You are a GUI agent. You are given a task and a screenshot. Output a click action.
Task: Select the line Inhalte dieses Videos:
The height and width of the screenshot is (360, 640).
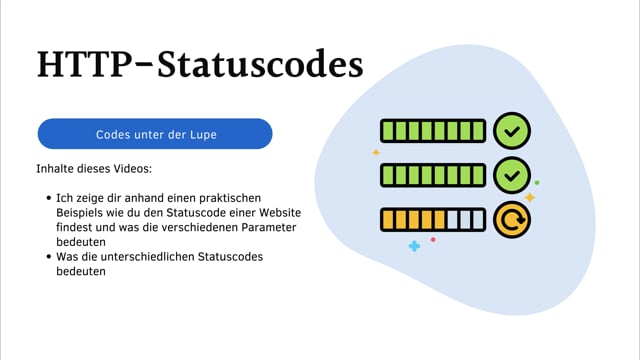94,169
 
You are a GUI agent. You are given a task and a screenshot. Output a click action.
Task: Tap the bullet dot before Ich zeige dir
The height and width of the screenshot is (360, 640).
49,200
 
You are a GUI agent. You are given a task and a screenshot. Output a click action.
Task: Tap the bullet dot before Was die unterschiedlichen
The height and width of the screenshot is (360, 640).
49,256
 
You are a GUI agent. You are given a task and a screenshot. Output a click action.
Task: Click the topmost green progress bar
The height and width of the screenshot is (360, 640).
432,131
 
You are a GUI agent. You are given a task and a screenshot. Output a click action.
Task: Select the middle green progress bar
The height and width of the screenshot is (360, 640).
432,175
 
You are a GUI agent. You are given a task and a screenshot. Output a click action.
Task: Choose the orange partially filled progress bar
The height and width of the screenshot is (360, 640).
432,219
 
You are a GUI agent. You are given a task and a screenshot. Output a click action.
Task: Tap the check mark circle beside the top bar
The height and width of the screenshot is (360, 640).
512,131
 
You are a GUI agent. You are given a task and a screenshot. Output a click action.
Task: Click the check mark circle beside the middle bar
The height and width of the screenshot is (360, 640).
512,175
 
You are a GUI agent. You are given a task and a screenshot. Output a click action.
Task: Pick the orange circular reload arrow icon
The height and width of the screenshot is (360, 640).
512,219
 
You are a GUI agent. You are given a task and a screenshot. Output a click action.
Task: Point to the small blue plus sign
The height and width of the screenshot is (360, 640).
414,245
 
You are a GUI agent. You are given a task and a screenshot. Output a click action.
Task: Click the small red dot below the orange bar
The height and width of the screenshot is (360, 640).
432,240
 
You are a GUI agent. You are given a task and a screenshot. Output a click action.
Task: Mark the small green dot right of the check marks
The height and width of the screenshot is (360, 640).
537,183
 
